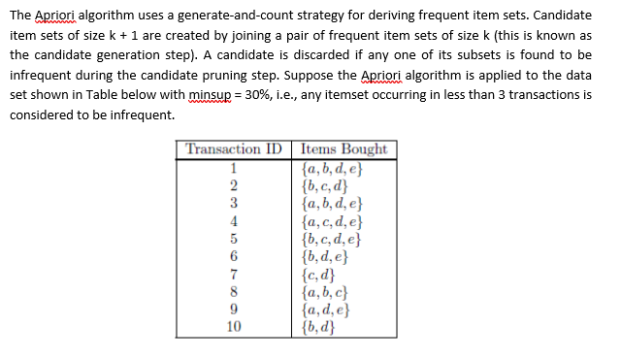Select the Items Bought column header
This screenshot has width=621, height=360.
tap(344, 149)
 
